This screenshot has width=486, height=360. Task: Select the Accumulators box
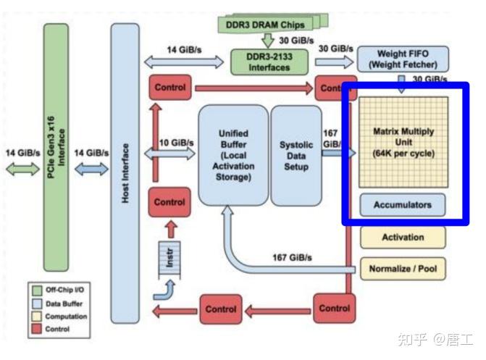(402, 205)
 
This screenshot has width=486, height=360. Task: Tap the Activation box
(403, 237)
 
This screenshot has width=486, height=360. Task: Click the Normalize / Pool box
(403, 269)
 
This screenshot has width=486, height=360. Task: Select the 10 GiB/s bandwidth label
(174, 142)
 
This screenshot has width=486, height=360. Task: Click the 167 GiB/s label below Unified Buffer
(292, 258)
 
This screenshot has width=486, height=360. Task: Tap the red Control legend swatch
(36, 328)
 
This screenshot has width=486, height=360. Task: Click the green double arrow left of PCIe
(22, 168)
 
